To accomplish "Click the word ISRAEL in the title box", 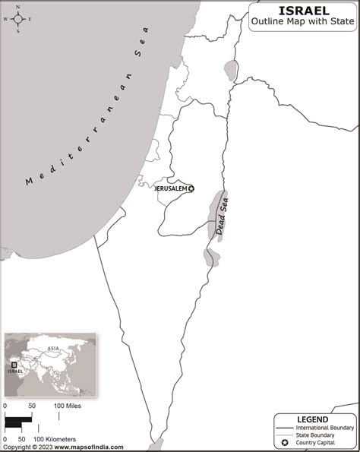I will coord(304,10).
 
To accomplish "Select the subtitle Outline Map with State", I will coord(304,23).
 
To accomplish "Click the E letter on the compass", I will coord(30,21).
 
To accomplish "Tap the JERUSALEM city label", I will coord(170,188).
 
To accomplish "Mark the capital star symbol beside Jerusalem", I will coord(191,188).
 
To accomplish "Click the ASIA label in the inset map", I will coord(53,349).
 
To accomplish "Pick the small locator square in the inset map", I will coord(14,364).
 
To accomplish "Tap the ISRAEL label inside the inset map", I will coord(16,372).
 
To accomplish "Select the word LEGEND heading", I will coord(313,419).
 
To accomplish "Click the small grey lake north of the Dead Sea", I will coord(230,70).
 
